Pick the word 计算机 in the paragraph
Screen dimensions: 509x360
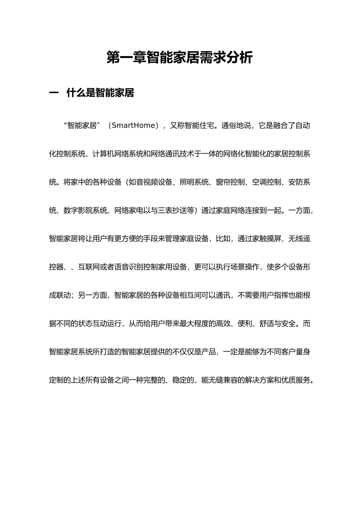point(103,154)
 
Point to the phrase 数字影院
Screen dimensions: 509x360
point(78,210)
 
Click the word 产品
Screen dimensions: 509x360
point(209,352)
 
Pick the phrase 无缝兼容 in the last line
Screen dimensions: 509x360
point(224,380)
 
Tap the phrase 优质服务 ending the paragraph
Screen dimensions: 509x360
point(296,380)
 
